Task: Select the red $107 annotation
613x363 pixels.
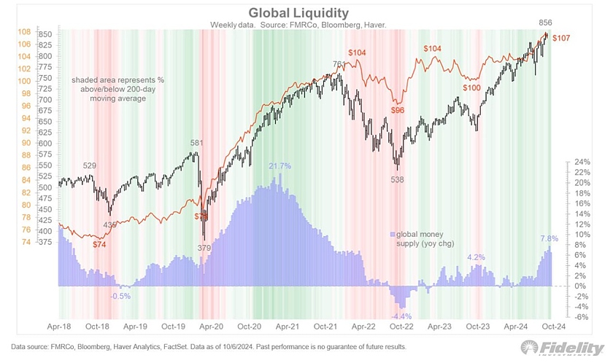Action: click(x=563, y=37)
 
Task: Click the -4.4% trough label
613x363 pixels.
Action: click(x=401, y=316)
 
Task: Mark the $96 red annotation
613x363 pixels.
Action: click(x=398, y=111)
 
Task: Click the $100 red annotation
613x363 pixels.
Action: click(x=471, y=87)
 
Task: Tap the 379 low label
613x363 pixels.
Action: click(x=206, y=248)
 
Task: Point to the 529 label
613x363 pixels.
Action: click(x=90, y=167)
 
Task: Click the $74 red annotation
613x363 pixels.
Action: click(x=100, y=244)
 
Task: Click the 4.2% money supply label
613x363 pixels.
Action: click(x=476, y=257)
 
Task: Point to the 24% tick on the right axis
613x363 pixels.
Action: click(x=582, y=162)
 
